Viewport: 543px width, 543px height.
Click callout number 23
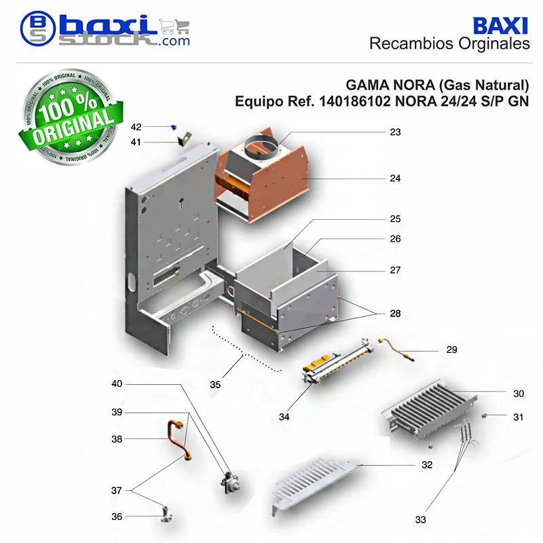tap(395, 132)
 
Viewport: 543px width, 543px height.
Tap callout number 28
tap(395, 314)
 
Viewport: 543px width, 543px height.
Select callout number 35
tap(215, 384)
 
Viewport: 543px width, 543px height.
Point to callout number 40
tap(117, 383)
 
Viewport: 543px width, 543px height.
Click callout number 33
tap(420, 519)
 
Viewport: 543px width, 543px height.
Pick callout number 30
tap(519, 394)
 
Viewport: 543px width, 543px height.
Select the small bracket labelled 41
tap(184, 139)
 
